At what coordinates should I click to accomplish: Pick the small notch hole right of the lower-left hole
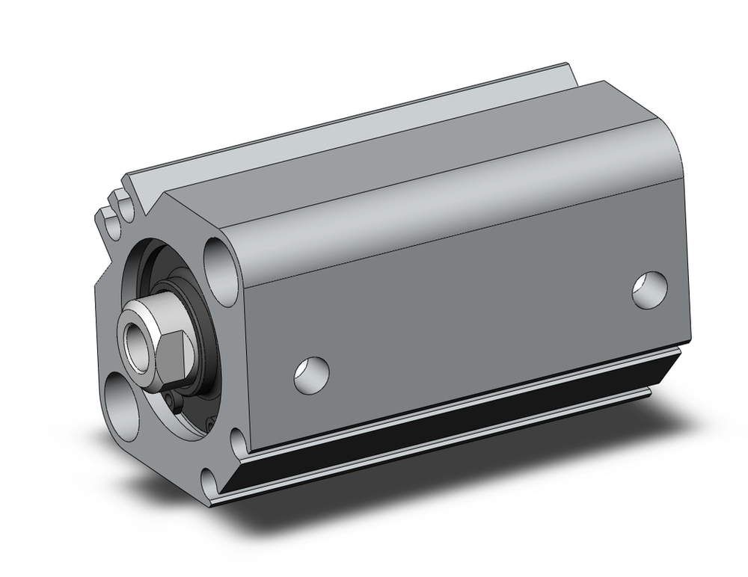tap(238, 442)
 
